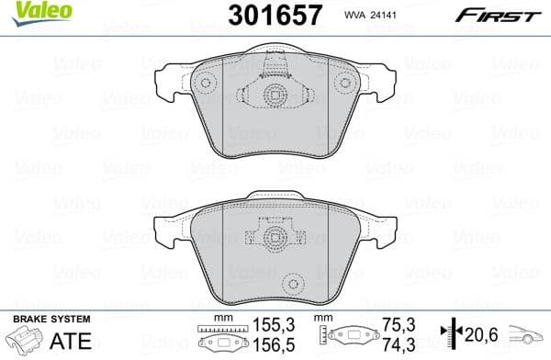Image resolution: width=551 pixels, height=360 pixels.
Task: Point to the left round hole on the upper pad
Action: pyautogui.click(x=205, y=82)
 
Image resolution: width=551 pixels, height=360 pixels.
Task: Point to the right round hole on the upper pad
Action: pyautogui.click(x=344, y=82)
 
